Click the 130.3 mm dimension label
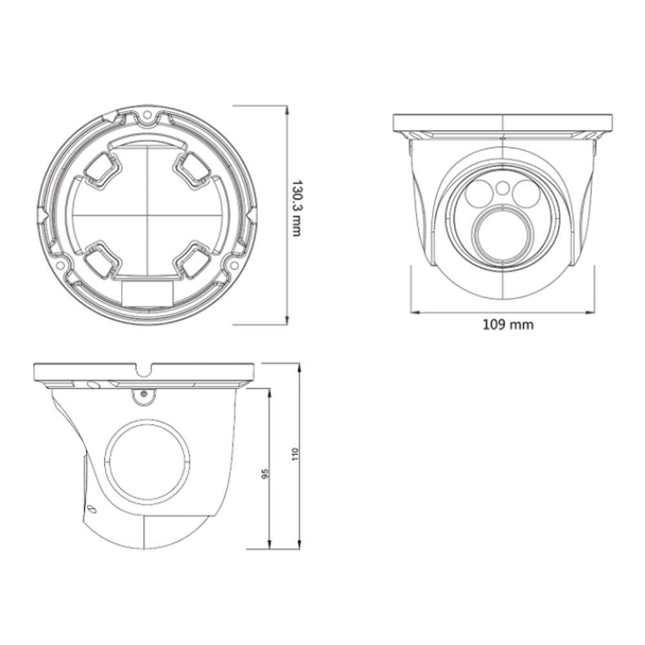[x=297, y=208]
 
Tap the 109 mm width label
[x=508, y=324]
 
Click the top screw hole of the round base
[x=147, y=117]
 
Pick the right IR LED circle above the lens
[x=527, y=192]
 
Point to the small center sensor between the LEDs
[x=502, y=188]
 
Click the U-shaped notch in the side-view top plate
[x=144, y=370]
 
